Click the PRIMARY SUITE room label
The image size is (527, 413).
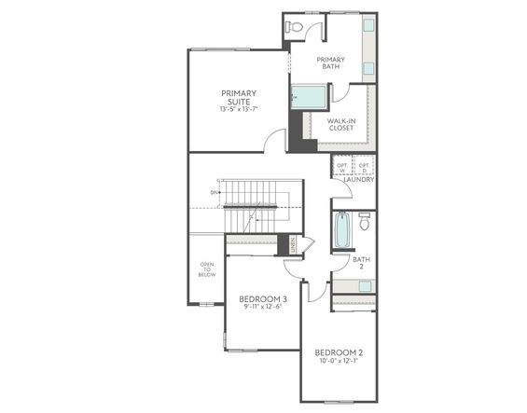click(x=239, y=97)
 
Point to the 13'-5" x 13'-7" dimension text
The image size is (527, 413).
click(x=239, y=109)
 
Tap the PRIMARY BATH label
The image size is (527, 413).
click(x=330, y=63)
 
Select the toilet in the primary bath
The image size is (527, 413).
click(x=296, y=27)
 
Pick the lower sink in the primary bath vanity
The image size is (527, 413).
click(x=368, y=68)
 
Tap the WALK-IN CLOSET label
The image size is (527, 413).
click(x=340, y=124)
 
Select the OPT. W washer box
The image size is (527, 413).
click(x=342, y=168)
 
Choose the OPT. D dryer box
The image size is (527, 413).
click(x=364, y=168)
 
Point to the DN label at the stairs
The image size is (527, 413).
click(x=215, y=193)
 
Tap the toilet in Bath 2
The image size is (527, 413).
click(x=364, y=223)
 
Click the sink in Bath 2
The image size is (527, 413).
click(x=366, y=285)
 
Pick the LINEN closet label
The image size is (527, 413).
click(x=293, y=245)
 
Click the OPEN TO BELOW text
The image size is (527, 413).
click(x=206, y=271)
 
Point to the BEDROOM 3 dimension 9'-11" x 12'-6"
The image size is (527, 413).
click(x=264, y=307)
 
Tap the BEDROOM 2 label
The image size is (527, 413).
click(x=337, y=351)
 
